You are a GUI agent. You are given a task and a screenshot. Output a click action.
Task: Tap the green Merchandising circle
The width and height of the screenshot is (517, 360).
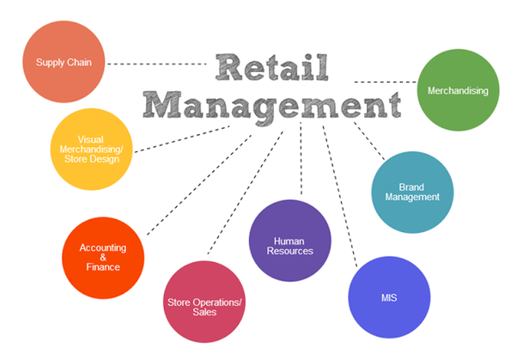pyautogui.click(x=458, y=90)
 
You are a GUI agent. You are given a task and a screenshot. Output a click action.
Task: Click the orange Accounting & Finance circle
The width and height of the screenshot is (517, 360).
pyautogui.click(x=103, y=257)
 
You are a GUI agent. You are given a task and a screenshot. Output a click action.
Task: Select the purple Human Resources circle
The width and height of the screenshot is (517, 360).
pyautogui.click(x=289, y=246)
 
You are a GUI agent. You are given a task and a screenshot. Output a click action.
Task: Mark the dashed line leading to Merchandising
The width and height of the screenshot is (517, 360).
pyautogui.click(x=384, y=82)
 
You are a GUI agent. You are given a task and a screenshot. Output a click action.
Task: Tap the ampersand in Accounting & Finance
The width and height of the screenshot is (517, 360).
pyautogui.click(x=102, y=257)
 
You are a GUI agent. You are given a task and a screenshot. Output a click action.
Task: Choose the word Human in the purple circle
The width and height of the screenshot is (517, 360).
pyautogui.click(x=289, y=241)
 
